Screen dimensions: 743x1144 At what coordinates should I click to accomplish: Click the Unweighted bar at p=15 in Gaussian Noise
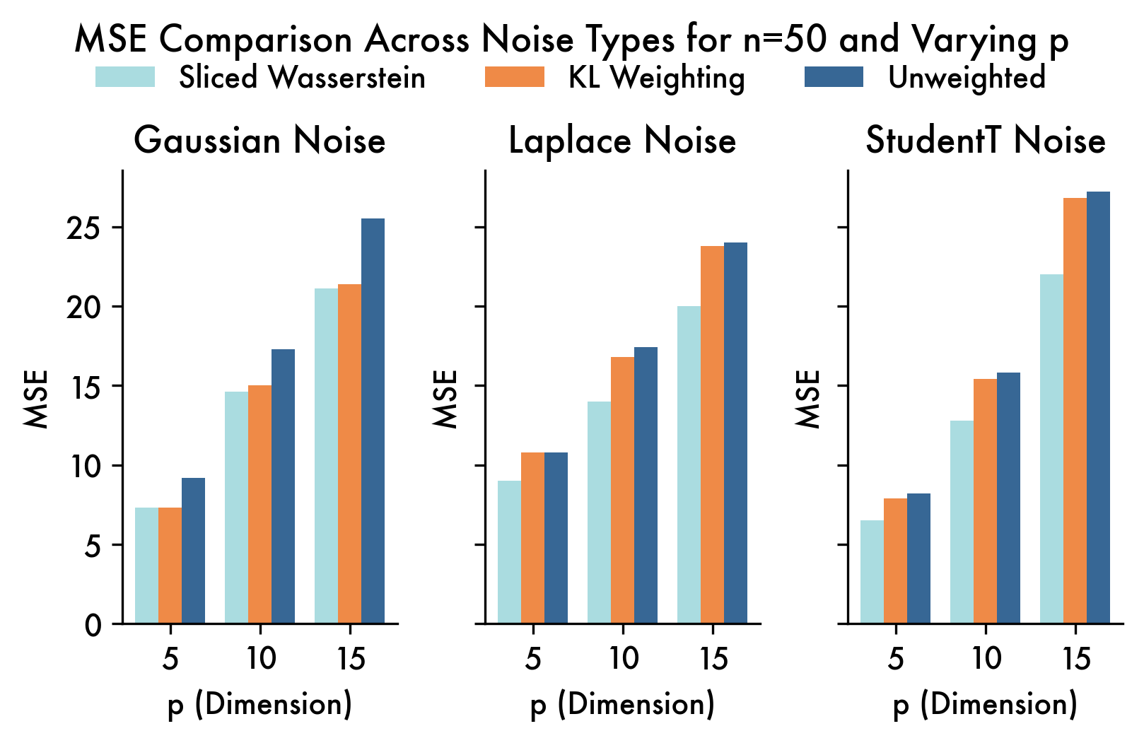[373, 421]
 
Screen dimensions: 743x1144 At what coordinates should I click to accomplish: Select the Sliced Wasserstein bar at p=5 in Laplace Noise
[509, 552]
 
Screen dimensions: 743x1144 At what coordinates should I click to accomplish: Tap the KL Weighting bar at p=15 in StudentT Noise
[1075, 411]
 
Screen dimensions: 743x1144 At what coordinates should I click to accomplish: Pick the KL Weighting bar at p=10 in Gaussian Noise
[259, 504]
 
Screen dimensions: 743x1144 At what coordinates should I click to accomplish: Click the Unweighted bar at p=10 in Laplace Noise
[646, 485]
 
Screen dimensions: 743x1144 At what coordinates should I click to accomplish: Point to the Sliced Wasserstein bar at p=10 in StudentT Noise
[962, 522]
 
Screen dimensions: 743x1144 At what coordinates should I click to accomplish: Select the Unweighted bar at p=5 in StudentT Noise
[918, 558]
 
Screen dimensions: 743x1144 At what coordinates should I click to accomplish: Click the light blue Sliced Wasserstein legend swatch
[125, 77]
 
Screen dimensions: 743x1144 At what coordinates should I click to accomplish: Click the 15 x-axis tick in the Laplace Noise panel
[713, 659]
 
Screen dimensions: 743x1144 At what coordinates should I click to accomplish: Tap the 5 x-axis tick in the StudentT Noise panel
[895, 659]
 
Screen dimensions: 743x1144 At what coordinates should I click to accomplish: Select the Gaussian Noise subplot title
[259, 140]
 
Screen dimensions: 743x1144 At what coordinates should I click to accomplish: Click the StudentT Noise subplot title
[985, 140]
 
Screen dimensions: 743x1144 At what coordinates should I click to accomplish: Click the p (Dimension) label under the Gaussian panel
[259, 705]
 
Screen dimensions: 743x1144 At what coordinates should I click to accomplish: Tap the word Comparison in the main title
[255, 40]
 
